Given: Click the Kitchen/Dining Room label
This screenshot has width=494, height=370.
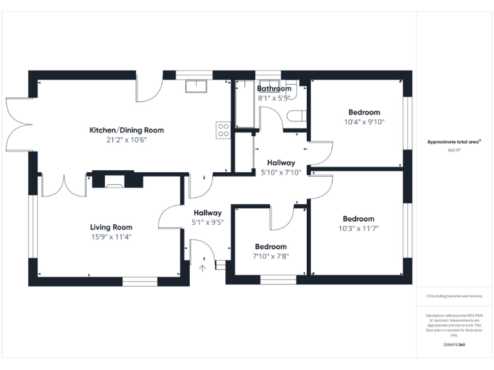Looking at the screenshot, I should (126, 130).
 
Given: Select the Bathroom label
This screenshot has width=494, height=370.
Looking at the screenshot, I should (274, 89).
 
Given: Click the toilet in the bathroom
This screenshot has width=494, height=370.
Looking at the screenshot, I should (296, 116).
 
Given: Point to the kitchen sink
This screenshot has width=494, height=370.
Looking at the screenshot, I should (194, 86).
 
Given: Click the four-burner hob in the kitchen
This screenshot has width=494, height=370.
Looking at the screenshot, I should (223, 130).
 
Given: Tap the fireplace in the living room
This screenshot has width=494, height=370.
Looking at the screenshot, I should (114, 182).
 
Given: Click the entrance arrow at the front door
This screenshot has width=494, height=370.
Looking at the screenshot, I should (203, 268).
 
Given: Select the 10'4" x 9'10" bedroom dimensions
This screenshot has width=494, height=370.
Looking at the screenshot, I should (364, 122).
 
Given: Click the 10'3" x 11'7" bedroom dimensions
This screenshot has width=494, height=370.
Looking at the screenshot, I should (358, 229).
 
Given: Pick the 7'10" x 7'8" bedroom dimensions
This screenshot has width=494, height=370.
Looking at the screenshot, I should (271, 256).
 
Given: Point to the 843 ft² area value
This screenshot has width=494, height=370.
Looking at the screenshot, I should (454, 150).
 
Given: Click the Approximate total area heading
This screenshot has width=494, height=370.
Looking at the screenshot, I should (454, 142).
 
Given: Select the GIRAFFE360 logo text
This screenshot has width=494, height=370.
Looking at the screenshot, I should (454, 345).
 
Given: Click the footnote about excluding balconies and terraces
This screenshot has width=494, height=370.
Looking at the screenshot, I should (454, 296).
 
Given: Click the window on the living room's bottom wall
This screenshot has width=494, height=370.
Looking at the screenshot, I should (140, 281).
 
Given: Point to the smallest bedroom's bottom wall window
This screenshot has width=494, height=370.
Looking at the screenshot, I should (278, 279).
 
